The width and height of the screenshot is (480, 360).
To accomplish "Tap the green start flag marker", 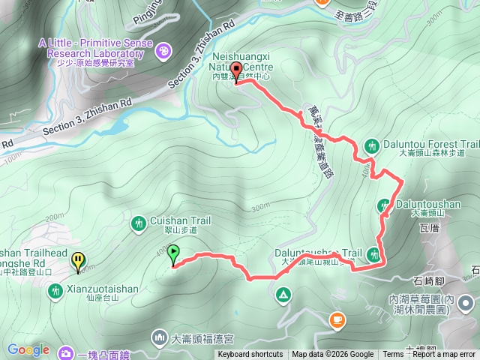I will (x=174, y=253).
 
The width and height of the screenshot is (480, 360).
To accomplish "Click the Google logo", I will (x=28, y=349).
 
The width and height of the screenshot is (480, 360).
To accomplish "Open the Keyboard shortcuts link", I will (x=250, y=355).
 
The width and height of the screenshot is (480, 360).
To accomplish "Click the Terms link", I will (x=393, y=355).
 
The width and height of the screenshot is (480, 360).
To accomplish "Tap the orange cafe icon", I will (x=337, y=321).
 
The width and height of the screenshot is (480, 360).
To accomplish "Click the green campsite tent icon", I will (x=283, y=293).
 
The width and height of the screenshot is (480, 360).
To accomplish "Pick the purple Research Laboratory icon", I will (x=163, y=51).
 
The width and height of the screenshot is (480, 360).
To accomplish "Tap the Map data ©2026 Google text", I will (x=333, y=355).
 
